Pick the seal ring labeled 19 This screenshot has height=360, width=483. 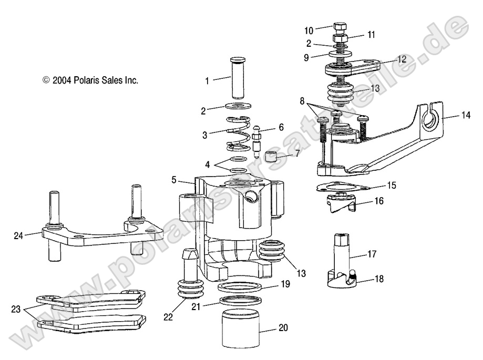[241, 286]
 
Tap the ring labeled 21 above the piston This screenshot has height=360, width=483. [241, 301]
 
